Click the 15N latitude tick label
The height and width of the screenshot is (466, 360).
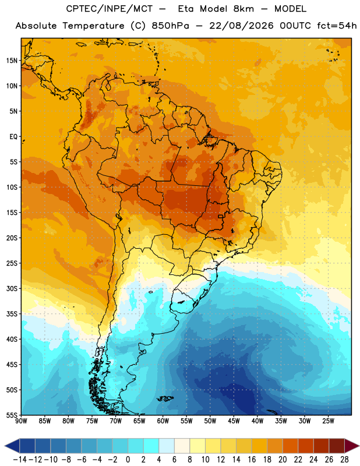[x=12, y=61]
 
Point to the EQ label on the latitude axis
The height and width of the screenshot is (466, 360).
[x=13, y=137]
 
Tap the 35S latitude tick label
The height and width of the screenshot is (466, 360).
[x=12, y=314]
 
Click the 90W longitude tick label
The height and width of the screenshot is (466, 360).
[x=21, y=421]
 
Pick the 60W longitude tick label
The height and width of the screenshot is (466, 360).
[x=163, y=421]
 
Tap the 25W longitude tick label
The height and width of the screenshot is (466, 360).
[x=328, y=421]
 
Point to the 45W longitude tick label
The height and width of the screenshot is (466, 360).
[x=234, y=421]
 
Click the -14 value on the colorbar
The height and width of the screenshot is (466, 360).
[x=20, y=460]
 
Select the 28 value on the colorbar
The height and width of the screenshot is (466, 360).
[x=344, y=460]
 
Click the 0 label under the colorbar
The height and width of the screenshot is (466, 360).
[x=128, y=460]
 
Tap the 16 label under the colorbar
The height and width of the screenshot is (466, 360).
[x=252, y=460]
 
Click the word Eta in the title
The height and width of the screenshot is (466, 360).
[x=185, y=9]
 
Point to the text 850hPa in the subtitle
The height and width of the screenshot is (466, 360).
[x=170, y=26]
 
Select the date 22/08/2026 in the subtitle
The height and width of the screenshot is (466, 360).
[x=241, y=26]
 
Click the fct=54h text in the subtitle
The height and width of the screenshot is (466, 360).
[x=337, y=26]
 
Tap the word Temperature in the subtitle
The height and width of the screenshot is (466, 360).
[x=93, y=26]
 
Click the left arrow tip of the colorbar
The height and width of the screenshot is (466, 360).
[x=5, y=446]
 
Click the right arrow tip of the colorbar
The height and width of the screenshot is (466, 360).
[x=358, y=446]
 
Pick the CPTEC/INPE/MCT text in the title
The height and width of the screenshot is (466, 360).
[x=110, y=9]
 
